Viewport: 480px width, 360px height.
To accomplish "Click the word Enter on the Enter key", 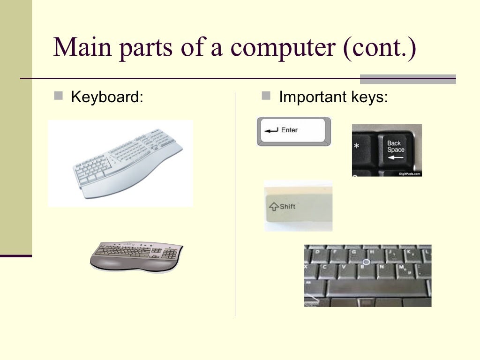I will pyautogui.click(x=289, y=130).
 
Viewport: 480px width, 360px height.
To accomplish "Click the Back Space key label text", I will pyautogui.click(x=395, y=146).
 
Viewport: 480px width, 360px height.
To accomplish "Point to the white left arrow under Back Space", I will pyautogui.click(x=395, y=157).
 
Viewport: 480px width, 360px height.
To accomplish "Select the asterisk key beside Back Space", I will pyautogui.click(x=357, y=147).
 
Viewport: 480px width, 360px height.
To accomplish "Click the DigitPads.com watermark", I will pyautogui.click(x=410, y=173).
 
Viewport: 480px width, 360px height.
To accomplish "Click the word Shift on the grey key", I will pyautogui.click(x=287, y=206).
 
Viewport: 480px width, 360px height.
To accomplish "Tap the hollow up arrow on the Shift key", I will pyautogui.click(x=273, y=207).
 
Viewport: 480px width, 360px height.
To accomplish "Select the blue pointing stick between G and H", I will pyautogui.click(x=367, y=262).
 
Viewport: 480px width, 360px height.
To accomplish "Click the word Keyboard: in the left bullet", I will pyautogui.click(x=106, y=98).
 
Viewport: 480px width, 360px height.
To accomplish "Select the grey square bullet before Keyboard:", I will pyautogui.click(x=58, y=97).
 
